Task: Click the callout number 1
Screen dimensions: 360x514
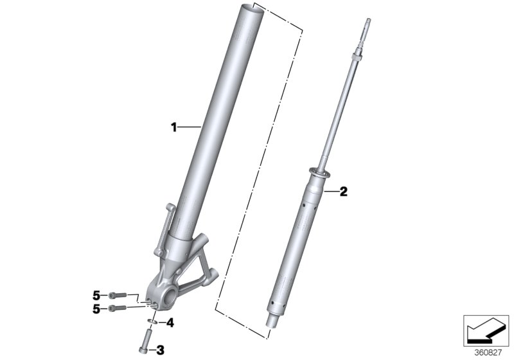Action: [173, 128]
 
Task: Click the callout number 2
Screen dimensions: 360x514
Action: [343, 191]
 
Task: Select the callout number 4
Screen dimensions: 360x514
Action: [170, 323]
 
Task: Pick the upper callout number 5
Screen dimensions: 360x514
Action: [96, 295]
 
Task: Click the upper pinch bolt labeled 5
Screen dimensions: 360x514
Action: [114, 295]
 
